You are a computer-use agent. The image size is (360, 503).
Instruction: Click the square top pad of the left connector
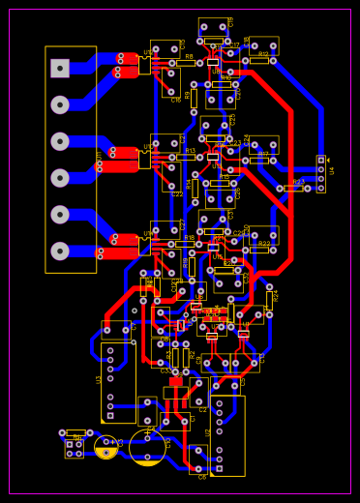click(60, 69)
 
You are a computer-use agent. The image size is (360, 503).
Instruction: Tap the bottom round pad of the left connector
click(60, 251)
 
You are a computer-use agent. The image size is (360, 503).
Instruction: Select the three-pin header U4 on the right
click(321, 174)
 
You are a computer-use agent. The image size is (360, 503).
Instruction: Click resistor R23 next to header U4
click(293, 189)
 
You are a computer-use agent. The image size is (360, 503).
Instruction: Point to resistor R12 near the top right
click(259, 60)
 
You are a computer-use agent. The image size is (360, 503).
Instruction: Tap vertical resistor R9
click(194, 98)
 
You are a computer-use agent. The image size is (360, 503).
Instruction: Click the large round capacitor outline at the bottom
click(147, 447)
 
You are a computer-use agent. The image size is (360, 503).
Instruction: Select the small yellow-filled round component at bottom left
click(106, 447)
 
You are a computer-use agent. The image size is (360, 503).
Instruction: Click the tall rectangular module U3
click(118, 382)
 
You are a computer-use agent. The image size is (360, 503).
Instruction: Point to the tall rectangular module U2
click(227, 435)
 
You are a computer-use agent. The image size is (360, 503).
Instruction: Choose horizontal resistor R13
click(188, 157)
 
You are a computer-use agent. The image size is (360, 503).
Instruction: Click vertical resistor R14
click(195, 188)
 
